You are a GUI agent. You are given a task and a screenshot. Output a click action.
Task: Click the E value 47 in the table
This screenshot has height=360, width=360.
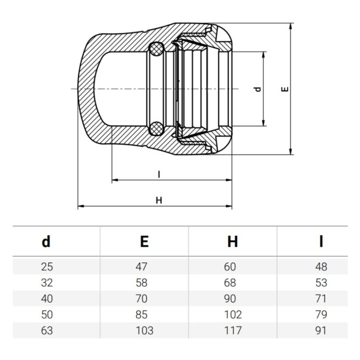coord(141,267)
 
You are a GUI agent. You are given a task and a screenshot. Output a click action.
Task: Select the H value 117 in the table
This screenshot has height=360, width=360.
coord(233,330)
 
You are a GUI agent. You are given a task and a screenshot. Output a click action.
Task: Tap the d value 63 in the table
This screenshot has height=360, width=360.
coord(47,330)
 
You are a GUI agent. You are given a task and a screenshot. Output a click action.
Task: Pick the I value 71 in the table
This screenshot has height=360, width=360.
coord(321,299)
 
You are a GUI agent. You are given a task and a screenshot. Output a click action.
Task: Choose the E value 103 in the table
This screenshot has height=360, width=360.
coord(144,330)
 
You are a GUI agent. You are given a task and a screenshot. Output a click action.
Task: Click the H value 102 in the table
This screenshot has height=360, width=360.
coord(233,314)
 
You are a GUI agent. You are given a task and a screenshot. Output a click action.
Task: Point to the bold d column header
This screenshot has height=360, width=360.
coord(46,241)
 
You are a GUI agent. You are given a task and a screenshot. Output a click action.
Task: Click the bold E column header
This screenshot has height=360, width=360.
coord(144,241)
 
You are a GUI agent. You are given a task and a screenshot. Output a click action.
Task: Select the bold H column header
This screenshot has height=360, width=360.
coord(233,241)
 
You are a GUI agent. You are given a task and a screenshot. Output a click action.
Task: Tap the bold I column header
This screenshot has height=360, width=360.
coord(321,241)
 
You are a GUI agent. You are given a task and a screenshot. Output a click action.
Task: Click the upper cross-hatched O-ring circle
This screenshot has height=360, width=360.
coord(156,49)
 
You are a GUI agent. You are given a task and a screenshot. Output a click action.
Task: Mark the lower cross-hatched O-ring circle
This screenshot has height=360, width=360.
coord(156,129)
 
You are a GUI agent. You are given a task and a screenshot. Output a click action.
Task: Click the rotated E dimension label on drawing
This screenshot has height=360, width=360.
coord(285,89)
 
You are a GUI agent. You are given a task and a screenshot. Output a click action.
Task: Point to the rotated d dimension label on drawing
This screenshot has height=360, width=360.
coord(258,89)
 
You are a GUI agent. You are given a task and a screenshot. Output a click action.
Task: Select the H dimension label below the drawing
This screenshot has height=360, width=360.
coord(159,200)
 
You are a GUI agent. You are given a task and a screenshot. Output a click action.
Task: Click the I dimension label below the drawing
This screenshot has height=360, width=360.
coord(159,175)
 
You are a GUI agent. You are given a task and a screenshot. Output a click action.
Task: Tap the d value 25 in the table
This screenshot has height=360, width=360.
coord(47,267)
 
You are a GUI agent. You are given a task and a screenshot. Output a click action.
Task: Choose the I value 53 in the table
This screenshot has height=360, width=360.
coord(321,282)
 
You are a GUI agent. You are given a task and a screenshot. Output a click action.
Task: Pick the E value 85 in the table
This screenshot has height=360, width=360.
coord(141,314)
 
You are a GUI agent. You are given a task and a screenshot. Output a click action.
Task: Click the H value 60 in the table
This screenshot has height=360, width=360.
coord(230,267)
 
